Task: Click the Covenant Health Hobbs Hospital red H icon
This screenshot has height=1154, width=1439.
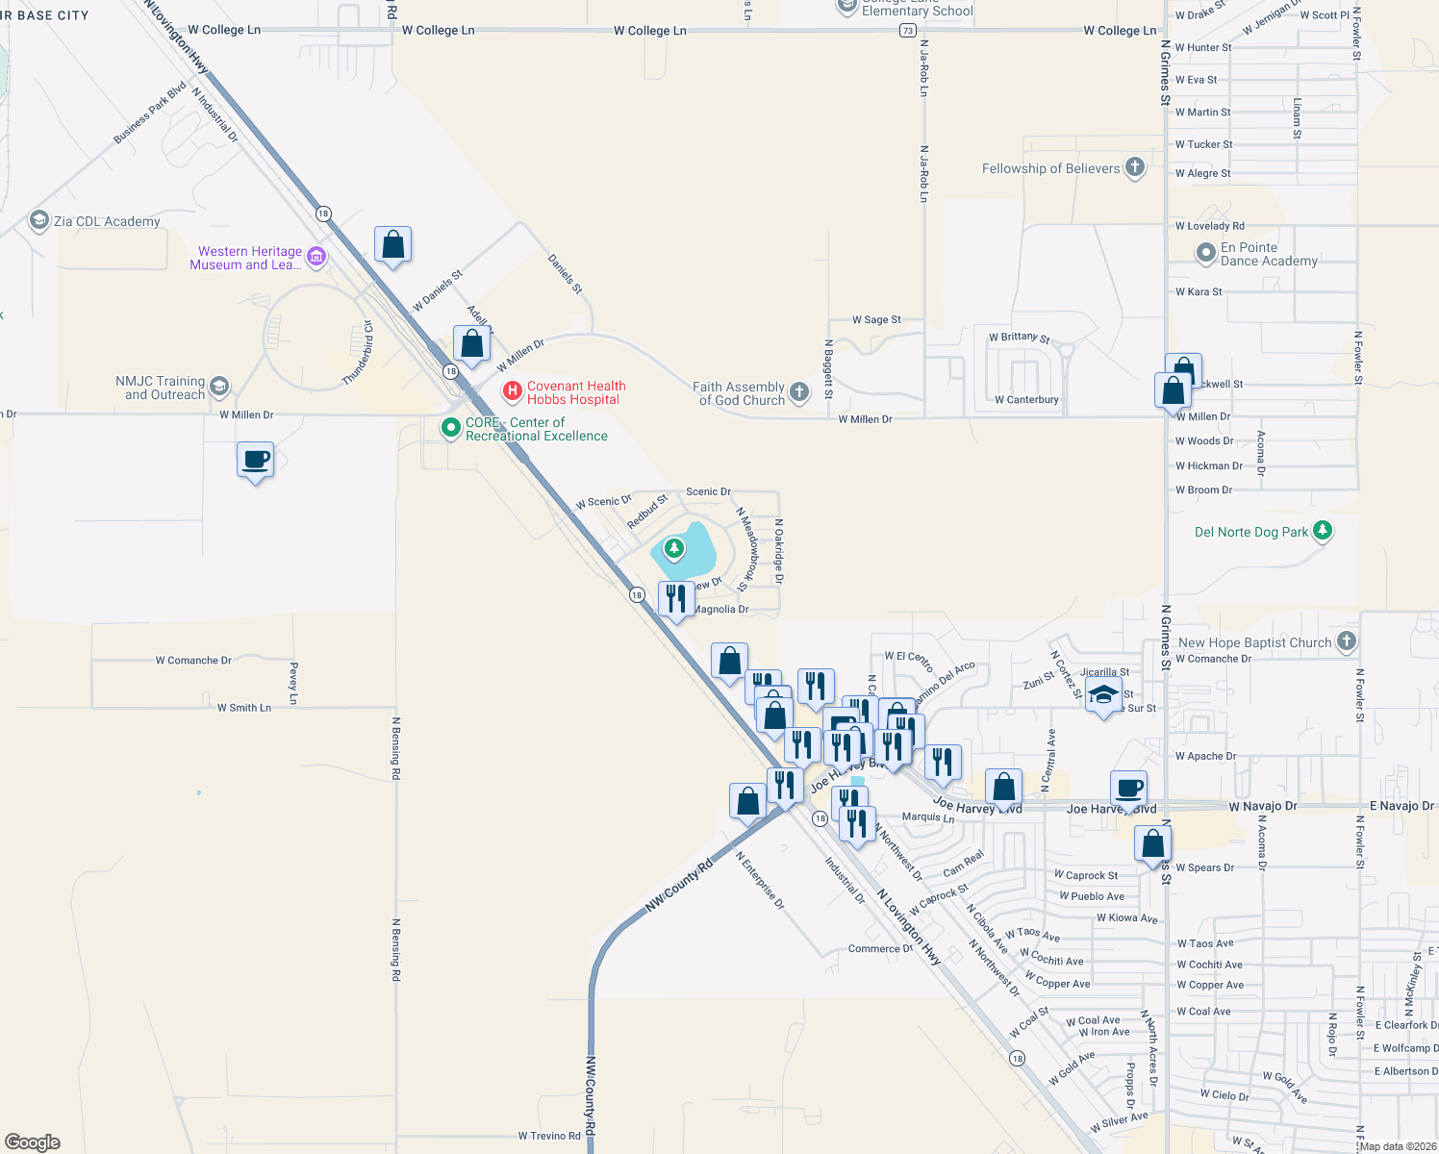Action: [x=513, y=391]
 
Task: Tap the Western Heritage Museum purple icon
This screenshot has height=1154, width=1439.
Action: [x=316, y=257]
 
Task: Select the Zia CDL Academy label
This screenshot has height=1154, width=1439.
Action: [x=107, y=222]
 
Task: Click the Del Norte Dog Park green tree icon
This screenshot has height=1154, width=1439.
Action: [x=1323, y=530]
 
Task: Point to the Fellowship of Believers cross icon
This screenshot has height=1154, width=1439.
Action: [x=1135, y=167]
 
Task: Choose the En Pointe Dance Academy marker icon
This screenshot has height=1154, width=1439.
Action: [x=1205, y=253]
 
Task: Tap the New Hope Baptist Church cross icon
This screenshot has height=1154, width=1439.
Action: [x=1347, y=640]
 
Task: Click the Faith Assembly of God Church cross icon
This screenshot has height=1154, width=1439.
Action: [x=799, y=391]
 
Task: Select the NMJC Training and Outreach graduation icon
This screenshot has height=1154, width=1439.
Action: [x=219, y=387]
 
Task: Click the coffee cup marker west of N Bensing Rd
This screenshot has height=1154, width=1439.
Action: [x=255, y=460]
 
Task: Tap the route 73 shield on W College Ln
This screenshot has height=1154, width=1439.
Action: [x=908, y=31]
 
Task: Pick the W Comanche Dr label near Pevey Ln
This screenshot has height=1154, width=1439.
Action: [x=193, y=661]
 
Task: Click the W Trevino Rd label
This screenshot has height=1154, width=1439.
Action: [x=549, y=1136]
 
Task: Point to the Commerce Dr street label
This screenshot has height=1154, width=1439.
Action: [x=880, y=949]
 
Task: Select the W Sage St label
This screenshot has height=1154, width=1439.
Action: [x=876, y=320]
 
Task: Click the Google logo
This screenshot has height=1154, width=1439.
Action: [x=33, y=1142]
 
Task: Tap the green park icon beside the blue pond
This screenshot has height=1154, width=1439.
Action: [x=674, y=548]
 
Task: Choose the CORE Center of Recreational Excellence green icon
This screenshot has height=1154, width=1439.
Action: [x=450, y=428]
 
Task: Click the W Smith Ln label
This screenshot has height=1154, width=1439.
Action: [x=243, y=708]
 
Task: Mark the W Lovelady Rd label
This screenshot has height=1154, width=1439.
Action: [x=1209, y=227]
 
